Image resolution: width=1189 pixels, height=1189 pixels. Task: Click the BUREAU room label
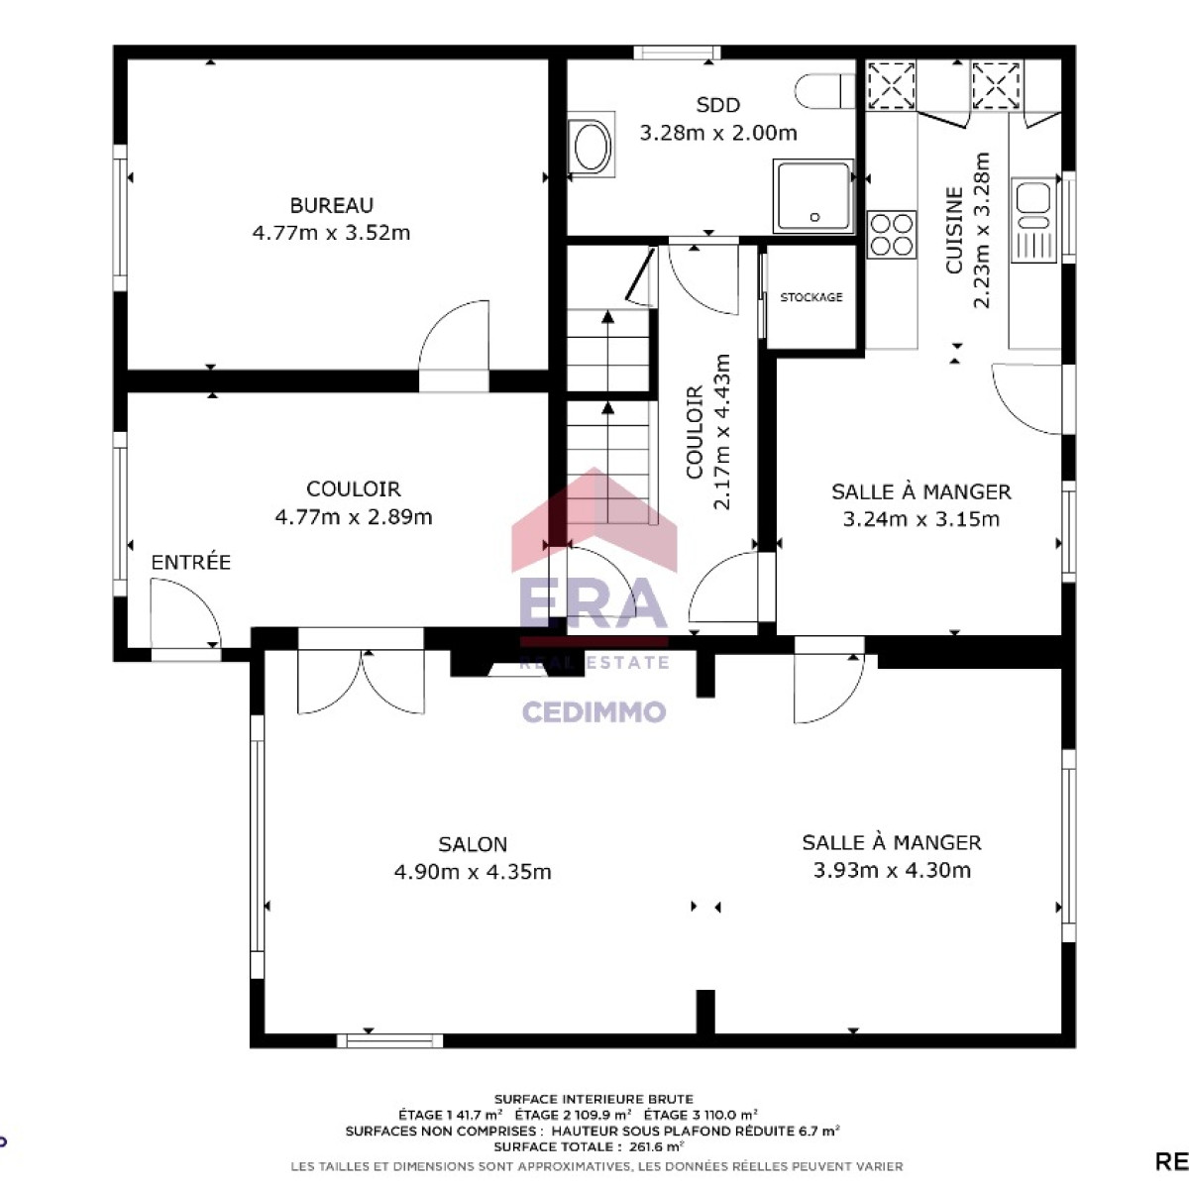point(331,205)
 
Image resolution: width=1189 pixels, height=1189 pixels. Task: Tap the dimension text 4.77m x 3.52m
point(331,233)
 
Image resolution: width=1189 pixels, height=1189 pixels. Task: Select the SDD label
point(718,105)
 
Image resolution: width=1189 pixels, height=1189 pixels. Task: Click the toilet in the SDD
point(824,91)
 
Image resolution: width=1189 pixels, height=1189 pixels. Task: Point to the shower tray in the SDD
point(813,196)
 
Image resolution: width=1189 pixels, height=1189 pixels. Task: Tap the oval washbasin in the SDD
point(592,145)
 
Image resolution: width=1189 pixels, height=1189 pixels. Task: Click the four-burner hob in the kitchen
point(892,235)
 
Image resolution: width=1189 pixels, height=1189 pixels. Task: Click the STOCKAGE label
point(811,297)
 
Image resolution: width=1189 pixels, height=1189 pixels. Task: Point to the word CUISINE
point(954,230)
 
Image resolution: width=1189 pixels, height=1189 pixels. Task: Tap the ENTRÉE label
point(190,562)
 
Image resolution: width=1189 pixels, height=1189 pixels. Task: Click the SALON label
point(473,844)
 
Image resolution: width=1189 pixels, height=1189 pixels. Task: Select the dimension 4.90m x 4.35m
point(473,872)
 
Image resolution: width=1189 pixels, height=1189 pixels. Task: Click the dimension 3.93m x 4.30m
point(892,870)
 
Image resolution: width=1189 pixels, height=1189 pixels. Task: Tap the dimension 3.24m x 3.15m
point(921,519)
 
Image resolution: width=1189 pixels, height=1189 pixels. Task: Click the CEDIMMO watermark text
point(594,711)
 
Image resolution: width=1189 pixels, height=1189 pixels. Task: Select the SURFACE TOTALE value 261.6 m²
point(657,1146)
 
